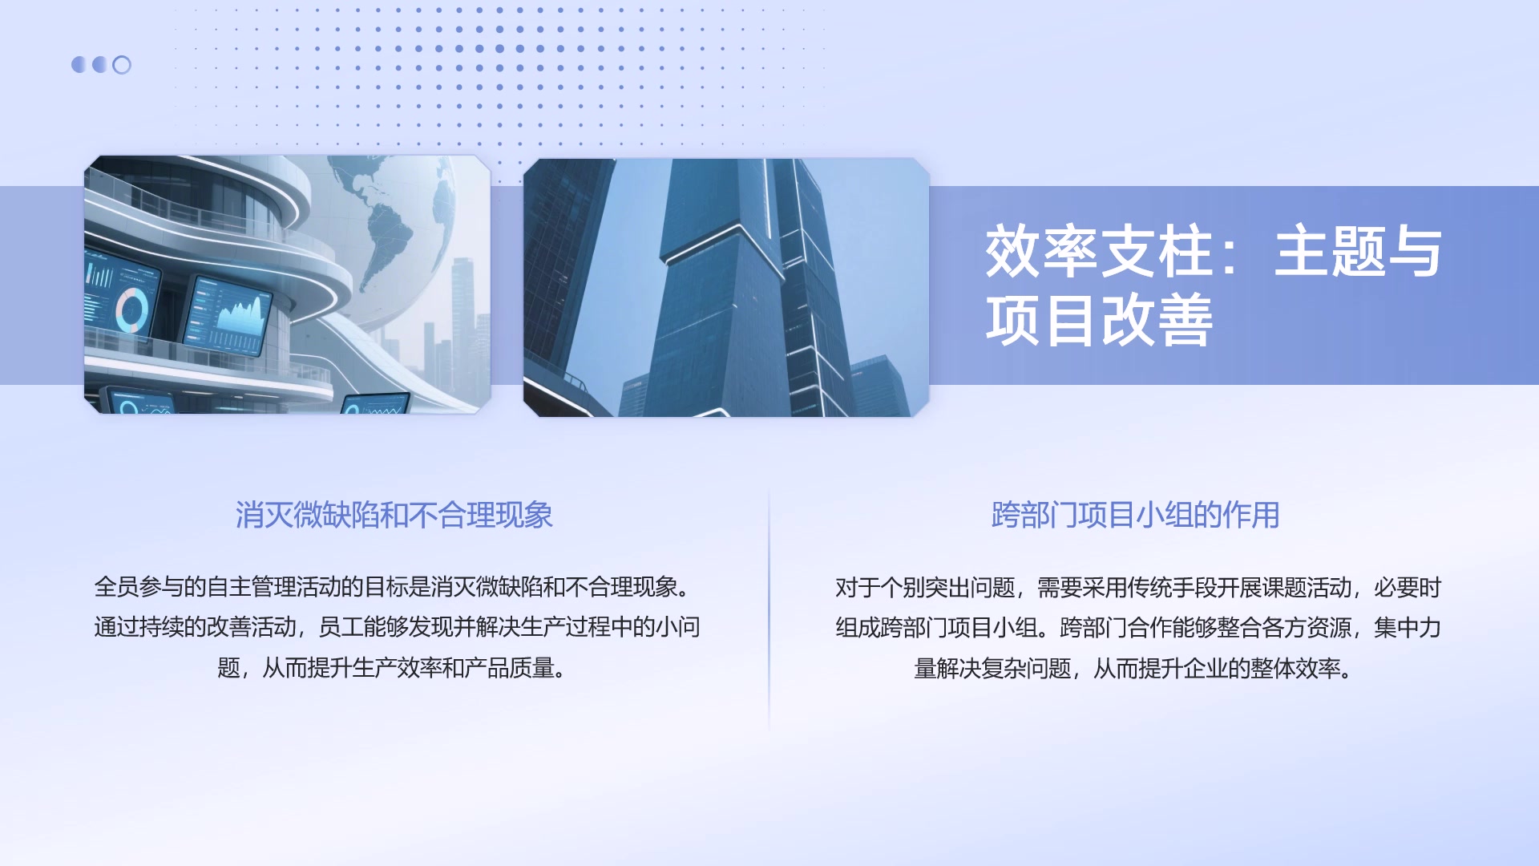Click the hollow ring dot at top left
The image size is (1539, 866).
[122, 65]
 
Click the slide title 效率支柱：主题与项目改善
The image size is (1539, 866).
[1212, 285]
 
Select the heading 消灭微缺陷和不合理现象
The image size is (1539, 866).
[394, 515]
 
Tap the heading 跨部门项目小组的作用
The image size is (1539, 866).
[1135, 515]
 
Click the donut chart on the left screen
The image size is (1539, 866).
[132, 310]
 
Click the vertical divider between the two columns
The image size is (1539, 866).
[769, 609]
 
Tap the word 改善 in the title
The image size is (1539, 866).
[1157, 321]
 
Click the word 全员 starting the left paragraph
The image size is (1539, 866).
[116, 587]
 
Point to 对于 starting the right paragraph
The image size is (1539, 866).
[858, 588]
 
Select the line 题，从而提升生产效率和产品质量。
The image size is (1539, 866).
[392, 668]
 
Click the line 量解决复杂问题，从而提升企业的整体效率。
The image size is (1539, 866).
[1133, 668]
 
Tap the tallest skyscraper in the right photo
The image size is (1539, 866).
[713, 305]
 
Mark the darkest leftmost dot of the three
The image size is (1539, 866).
[79, 65]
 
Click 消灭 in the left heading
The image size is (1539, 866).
[264, 515]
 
